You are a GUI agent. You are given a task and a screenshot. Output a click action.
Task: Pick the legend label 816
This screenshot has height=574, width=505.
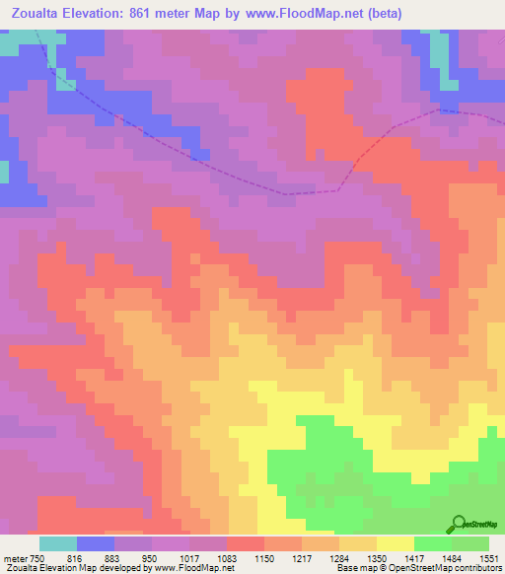[x=76, y=557]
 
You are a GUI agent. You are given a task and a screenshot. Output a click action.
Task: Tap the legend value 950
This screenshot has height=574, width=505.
[x=150, y=557]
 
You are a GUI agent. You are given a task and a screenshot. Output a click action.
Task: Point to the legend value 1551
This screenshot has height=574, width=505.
[x=487, y=557]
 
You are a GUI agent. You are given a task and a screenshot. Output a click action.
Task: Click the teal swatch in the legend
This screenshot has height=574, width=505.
[x=58, y=543]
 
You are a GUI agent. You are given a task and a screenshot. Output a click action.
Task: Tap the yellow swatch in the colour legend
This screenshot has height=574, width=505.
[x=396, y=543]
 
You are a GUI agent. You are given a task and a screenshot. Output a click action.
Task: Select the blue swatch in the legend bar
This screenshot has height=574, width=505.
[x=96, y=543]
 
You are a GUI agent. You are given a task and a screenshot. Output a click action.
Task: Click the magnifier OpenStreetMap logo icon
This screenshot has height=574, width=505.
[x=458, y=524]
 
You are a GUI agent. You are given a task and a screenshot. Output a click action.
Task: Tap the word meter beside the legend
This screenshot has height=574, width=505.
[x=15, y=557]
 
